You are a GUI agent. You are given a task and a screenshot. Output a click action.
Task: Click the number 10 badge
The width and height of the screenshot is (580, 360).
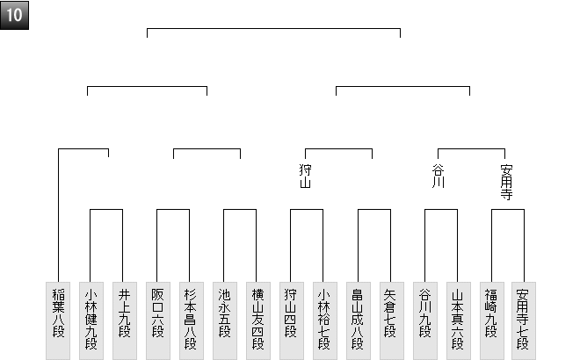point(15,15)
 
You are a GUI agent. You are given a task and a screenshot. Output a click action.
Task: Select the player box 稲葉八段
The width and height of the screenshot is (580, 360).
point(57,320)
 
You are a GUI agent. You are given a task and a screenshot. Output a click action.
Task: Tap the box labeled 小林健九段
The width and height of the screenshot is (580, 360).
point(91,320)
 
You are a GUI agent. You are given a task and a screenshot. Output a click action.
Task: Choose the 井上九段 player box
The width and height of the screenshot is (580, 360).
point(124,320)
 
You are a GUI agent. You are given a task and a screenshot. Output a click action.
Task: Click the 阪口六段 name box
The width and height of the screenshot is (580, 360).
point(157,320)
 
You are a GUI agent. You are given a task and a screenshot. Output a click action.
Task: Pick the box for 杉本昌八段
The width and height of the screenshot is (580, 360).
point(191,320)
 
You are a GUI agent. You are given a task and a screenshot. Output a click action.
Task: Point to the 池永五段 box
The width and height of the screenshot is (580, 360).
point(224,320)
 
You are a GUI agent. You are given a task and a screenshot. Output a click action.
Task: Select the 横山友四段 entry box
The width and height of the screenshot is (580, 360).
point(257,320)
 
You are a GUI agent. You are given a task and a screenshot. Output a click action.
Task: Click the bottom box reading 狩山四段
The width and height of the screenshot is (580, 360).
point(291,320)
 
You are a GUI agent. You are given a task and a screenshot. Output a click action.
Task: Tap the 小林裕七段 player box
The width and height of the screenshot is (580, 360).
point(324,320)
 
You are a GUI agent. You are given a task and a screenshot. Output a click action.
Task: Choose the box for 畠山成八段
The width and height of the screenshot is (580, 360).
point(358,320)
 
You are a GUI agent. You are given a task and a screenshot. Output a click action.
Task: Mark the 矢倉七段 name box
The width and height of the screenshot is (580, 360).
point(391,320)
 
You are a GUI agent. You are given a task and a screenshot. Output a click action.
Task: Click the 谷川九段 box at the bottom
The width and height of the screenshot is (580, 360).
point(424,320)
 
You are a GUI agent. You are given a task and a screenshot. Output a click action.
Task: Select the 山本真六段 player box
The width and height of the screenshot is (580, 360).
point(458,320)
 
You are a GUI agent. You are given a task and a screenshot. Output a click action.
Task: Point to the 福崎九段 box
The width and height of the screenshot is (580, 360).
point(491,320)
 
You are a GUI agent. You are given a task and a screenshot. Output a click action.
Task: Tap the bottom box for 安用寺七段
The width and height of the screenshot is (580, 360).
point(525,320)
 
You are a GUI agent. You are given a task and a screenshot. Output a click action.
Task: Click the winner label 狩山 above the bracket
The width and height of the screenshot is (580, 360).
point(306,176)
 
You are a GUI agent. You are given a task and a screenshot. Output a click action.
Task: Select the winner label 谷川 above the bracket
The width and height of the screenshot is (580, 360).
point(439,176)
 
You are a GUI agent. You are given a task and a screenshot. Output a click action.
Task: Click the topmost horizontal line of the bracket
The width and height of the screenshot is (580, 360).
point(273,29)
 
